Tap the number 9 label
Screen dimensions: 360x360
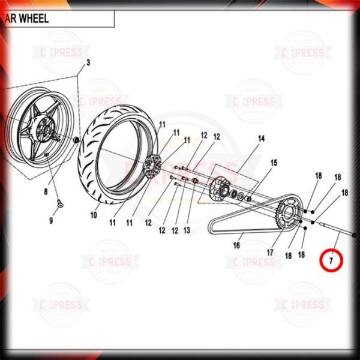[x=51, y=221]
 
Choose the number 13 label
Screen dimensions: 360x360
[x=187, y=230]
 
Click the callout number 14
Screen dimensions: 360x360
[x=261, y=139]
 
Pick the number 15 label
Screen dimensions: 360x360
[x=274, y=163]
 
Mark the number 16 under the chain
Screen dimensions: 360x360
[x=237, y=245]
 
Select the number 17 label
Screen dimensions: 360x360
[x=271, y=253]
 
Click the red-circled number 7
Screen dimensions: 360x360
[x=330, y=261]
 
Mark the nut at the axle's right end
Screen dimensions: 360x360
[x=355, y=236]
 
